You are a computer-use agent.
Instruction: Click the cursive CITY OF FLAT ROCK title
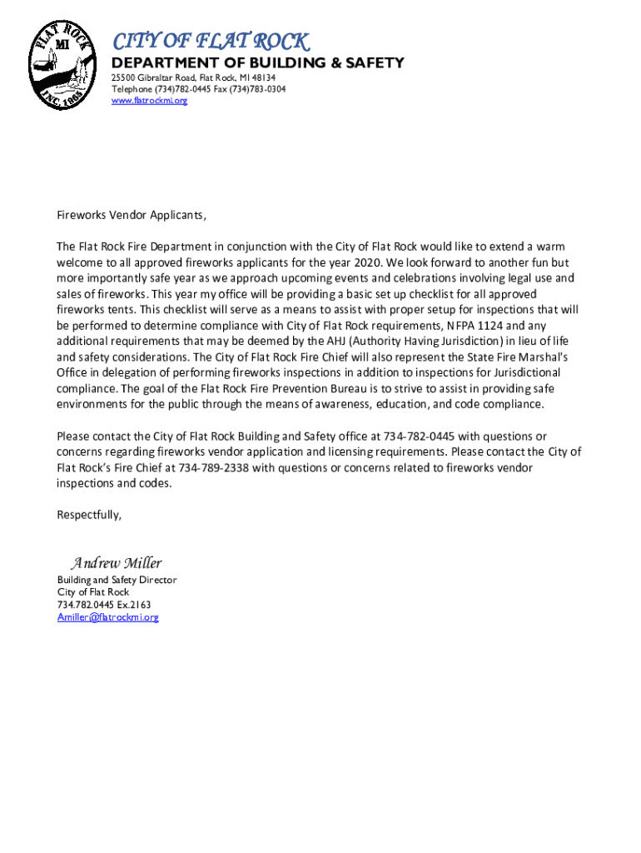[x=211, y=41]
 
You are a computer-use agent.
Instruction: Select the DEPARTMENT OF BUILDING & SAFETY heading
[x=258, y=63]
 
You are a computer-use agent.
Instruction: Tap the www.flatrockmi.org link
[x=150, y=101]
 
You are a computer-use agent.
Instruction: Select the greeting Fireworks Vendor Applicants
[x=131, y=216]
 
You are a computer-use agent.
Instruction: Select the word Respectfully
[x=89, y=515]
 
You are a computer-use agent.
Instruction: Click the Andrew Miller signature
[x=116, y=563]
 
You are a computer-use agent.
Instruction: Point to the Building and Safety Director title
[x=117, y=580]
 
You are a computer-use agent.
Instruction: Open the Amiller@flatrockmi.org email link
[x=107, y=617]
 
